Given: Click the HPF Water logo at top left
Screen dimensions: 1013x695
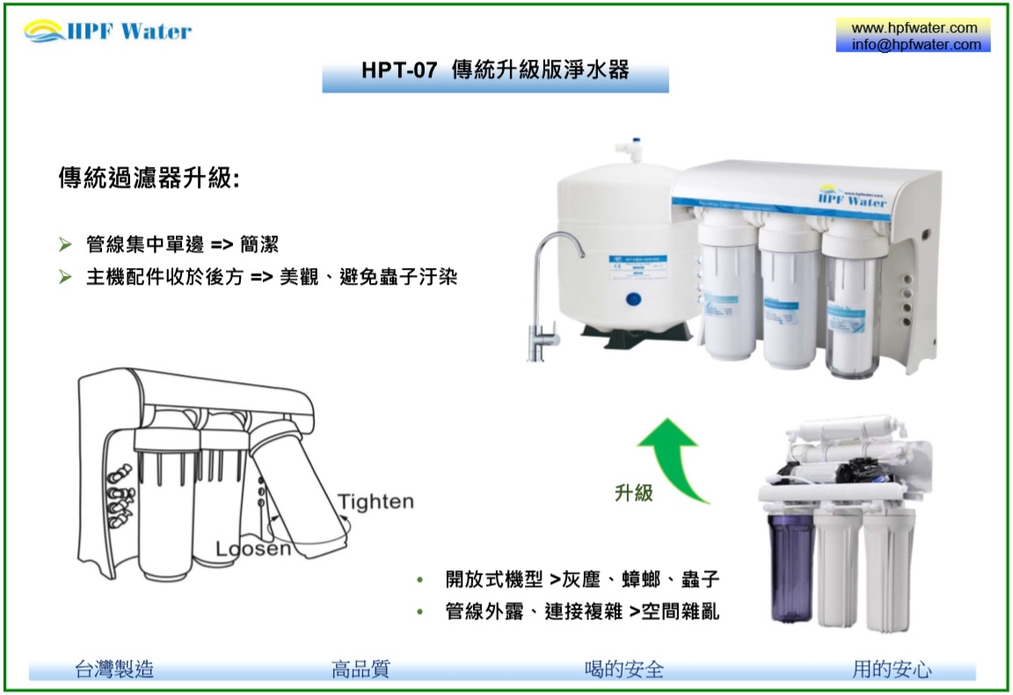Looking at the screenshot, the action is point(108,31).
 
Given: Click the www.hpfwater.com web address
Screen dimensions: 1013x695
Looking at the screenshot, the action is point(915,28).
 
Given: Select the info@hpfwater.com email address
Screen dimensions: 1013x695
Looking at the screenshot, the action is point(916,44).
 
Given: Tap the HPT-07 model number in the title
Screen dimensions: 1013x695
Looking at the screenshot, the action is point(399,69).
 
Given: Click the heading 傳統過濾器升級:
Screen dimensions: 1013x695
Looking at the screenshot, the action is point(149,177).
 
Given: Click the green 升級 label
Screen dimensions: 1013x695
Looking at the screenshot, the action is point(634,493).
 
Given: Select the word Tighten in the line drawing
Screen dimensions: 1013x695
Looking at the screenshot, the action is point(375,502).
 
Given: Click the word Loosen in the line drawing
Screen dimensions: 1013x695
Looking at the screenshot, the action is point(253,548).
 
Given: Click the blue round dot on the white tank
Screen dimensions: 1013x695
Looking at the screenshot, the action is point(633,300).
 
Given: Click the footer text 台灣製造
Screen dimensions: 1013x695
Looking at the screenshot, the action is point(114,670).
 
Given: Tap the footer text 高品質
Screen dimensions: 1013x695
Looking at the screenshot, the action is point(361,670).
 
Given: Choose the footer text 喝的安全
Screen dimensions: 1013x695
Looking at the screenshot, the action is point(624,670).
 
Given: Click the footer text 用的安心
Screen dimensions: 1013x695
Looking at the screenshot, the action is point(892,670).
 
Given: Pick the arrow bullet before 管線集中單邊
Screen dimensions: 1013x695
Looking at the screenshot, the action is point(65,244).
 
